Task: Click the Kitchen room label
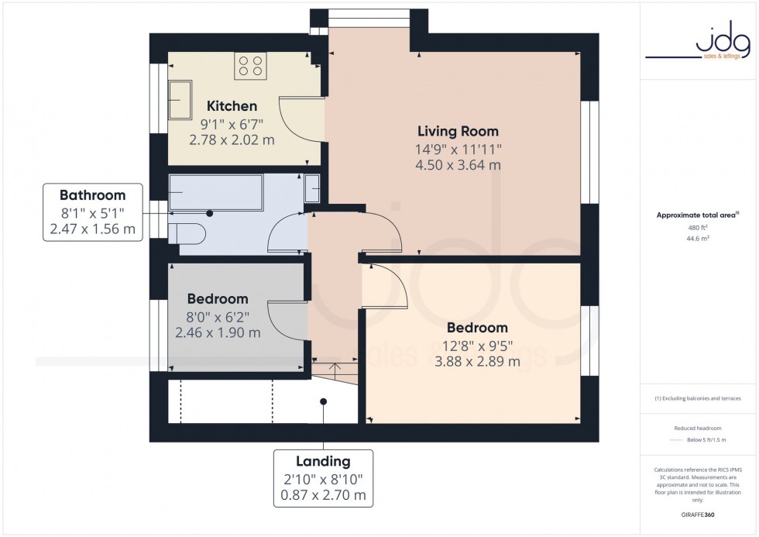(232, 106)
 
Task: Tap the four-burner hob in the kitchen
(250, 65)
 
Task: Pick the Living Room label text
(458, 131)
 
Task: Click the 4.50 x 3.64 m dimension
(458, 164)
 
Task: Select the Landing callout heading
(323, 461)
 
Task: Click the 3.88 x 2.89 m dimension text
(476, 361)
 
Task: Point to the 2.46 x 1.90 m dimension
(218, 332)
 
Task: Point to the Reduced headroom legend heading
(699, 428)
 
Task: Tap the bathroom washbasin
(312, 187)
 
